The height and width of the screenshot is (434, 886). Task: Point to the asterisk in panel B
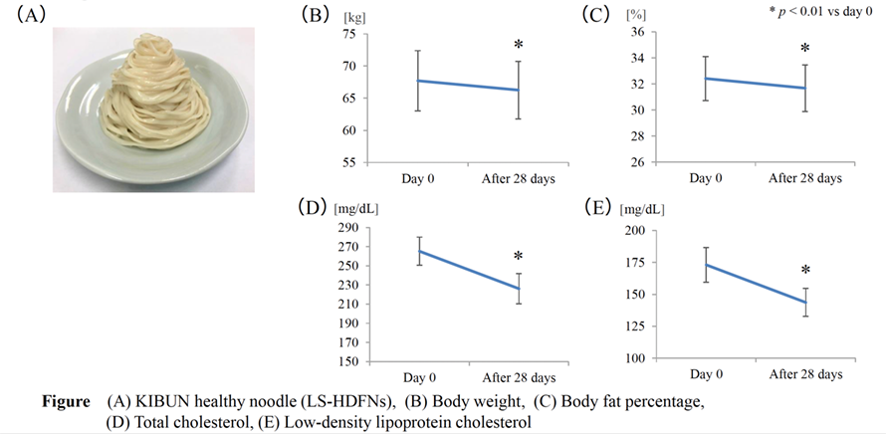coord(518,46)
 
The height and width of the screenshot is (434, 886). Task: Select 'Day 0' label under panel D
coord(418,378)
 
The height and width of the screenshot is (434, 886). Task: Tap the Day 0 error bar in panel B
coord(418,81)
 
